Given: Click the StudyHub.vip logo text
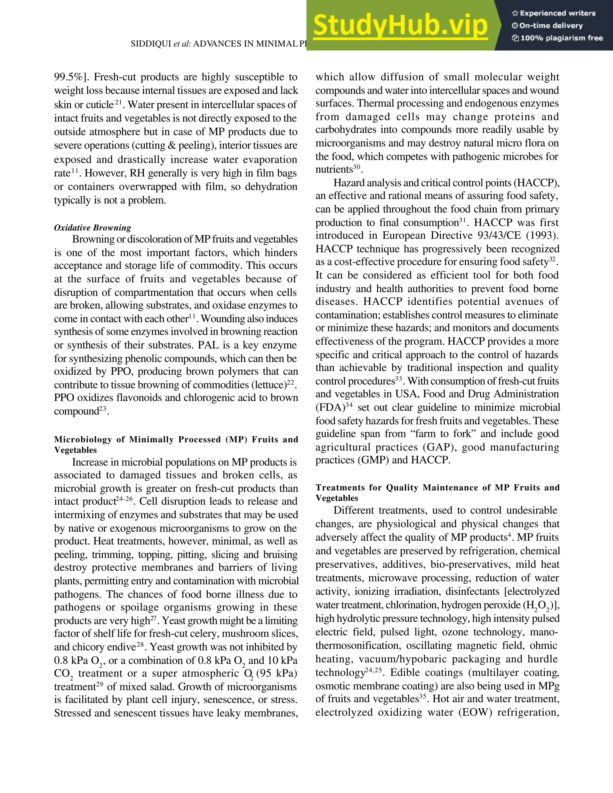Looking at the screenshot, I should pos(400,25).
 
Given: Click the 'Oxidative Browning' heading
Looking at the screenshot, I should pos(92,228).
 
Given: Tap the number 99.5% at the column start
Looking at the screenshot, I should pos(69,77).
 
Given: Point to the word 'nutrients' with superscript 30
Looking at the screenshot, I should pos(334,170).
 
